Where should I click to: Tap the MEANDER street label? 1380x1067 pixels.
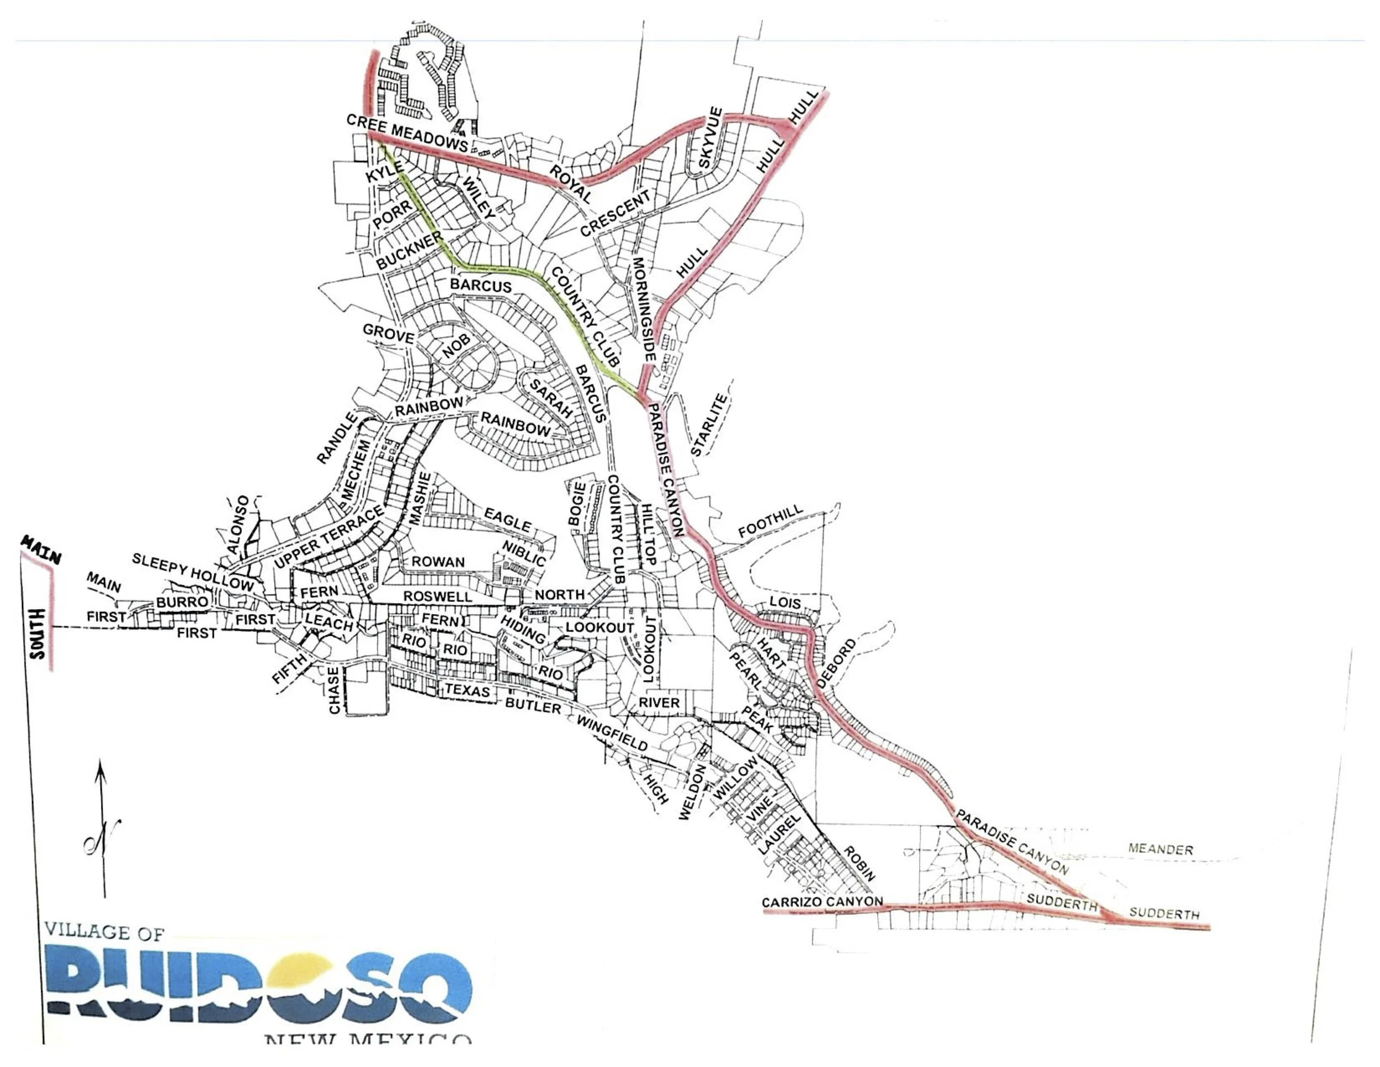pyautogui.click(x=1161, y=849)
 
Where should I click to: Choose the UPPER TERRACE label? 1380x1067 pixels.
pyautogui.click(x=329, y=537)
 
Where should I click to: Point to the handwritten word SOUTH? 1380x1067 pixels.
pyautogui.click(x=38, y=634)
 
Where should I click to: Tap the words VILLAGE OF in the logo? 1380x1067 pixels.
pyautogui.click(x=104, y=931)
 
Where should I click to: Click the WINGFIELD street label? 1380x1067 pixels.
pyautogui.click(x=612, y=735)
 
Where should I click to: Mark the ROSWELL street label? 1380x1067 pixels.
pyautogui.click(x=437, y=596)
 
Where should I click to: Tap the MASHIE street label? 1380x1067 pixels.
pyautogui.click(x=419, y=499)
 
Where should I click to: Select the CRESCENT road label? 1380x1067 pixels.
pyautogui.click(x=615, y=213)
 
